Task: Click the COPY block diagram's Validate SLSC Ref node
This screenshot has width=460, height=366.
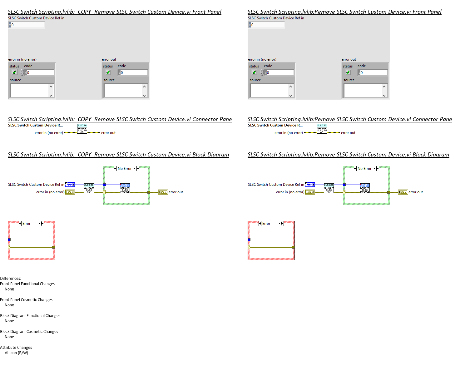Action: (89, 189)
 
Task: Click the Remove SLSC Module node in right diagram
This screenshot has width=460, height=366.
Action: (364, 188)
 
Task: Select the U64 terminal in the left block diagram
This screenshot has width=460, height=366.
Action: (70, 185)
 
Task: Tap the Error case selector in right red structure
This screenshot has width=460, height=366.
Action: (271, 224)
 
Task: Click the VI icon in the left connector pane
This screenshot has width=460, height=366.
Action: (82, 129)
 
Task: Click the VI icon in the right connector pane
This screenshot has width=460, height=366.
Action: (322, 129)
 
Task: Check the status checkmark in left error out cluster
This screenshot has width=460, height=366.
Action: (108, 72)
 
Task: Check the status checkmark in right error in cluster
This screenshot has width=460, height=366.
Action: (254, 72)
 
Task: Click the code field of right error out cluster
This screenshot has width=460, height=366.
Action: (374, 73)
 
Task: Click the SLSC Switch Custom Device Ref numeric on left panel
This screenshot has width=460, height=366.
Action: (27, 25)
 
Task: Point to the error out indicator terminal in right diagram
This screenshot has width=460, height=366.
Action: (403, 192)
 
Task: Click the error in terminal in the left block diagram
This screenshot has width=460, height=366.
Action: (70, 192)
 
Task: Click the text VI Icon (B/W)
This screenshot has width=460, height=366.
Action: (16, 353)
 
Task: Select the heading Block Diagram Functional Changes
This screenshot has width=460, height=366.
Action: (30, 316)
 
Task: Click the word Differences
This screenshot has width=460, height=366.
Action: (11, 279)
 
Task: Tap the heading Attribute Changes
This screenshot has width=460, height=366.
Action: (16, 348)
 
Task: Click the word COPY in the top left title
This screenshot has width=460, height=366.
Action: (84, 12)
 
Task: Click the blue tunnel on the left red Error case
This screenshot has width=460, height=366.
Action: (9, 240)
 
